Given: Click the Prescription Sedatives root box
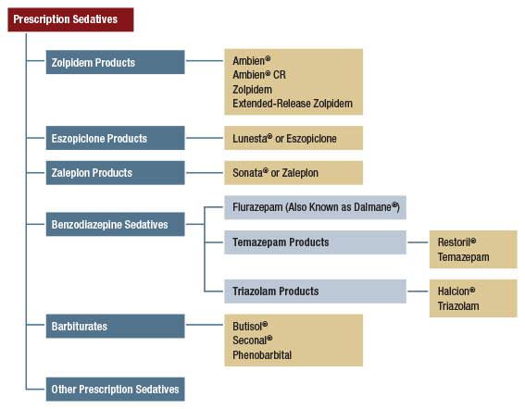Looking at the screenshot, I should (70, 19).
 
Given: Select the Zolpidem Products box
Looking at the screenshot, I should (116, 63).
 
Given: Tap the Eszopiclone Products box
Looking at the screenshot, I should (116, 139).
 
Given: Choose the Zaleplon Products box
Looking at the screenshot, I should (116, 173).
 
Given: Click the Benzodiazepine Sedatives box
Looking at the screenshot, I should (116, 223).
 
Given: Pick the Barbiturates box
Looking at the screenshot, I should (116, 327).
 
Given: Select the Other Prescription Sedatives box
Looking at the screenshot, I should (116, 389).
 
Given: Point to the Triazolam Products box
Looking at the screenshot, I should (315, 291).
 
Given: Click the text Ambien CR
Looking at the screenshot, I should (259, 75).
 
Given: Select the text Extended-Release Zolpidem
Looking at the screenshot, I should (293, 105).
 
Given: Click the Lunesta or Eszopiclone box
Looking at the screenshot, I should (293, 139).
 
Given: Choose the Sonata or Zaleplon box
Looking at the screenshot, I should (293, 173).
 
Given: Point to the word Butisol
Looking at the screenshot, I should (250, 326).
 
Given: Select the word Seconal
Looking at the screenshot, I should (251, 340).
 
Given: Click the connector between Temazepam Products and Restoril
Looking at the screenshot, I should (418, 242).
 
